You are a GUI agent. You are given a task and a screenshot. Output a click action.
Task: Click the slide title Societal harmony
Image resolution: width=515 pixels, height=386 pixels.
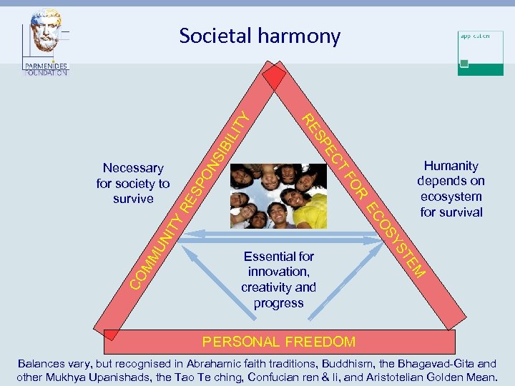click(260, 36)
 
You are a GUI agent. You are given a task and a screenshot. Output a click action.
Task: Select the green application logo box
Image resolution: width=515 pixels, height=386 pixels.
click(481, 52)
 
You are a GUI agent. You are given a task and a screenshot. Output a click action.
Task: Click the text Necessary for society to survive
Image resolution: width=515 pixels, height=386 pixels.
click(133, 183)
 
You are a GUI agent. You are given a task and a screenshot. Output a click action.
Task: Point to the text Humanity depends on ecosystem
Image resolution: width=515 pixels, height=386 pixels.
click(451, 189)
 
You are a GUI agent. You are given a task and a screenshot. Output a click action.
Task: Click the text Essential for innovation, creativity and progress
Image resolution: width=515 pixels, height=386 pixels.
click(278, 279)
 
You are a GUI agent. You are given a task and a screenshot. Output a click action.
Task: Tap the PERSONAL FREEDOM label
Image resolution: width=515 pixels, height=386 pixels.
click(279, 342)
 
